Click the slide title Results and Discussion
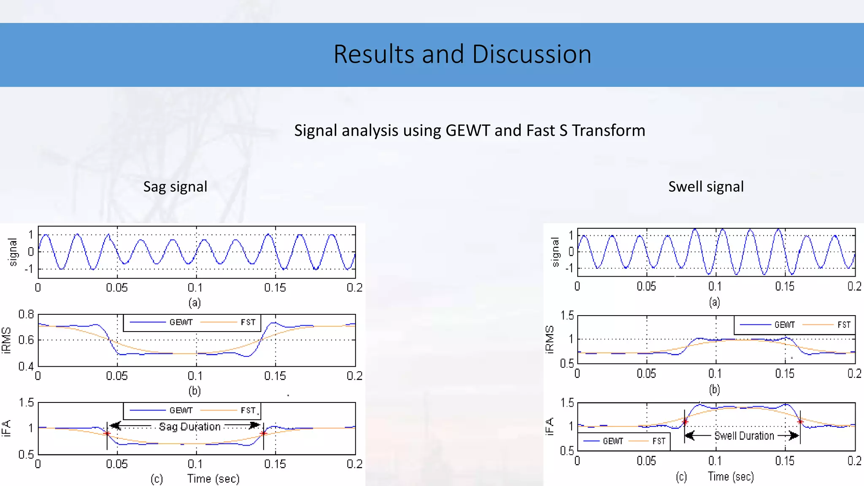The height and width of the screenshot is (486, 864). click(462, 54)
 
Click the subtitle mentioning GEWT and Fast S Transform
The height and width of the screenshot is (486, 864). click(470, 130)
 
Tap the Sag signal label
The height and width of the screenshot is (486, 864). click(175, 186)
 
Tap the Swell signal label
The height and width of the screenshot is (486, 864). click(706, 186)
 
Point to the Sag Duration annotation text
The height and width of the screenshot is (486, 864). click(190, 427)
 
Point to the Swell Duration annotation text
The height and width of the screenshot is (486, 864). click(744, 436)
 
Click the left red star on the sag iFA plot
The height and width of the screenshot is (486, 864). click(107, 434)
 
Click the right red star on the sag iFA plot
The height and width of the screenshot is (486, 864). click(264, 434)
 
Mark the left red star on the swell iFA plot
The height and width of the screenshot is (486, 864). click(685, 421)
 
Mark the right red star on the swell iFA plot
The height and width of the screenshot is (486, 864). click(800, 421)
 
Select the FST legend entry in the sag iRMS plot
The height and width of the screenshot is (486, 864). click(248, 322)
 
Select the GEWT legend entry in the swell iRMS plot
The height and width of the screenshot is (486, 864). click(784, 325)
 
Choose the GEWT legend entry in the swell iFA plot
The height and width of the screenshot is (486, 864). click(613, 441)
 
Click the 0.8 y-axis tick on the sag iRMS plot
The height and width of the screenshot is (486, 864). click(26, 314)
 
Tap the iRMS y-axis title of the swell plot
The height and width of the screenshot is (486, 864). click(549, 339)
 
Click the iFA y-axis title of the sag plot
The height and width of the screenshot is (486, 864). click(6, 428)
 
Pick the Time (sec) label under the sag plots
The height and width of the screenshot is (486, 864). click(213, 479)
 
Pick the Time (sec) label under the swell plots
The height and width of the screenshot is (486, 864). click(731, 477)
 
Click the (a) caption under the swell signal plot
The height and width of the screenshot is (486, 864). click(714, 302)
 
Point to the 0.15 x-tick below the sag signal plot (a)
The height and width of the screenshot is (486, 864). click(275, 288)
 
